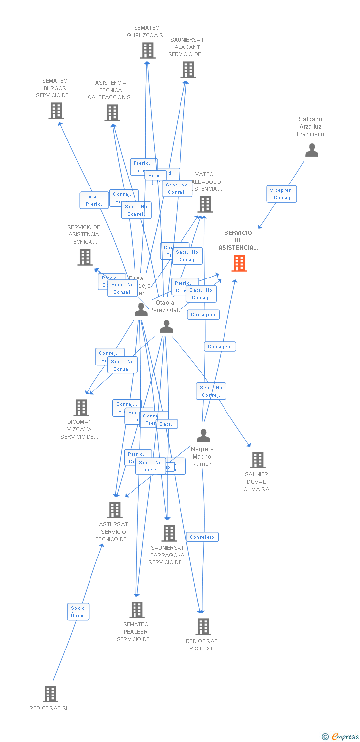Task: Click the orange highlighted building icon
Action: coord(239,263)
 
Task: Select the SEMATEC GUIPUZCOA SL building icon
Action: coord(147,50)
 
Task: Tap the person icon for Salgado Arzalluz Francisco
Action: coord(312,150)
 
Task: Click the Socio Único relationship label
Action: coord(78,611)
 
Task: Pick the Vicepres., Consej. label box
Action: coord(281,194)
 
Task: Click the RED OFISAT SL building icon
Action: coord(50,694)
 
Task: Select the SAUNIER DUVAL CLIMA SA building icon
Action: coord(257,460)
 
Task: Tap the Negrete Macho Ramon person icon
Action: coord(203,436)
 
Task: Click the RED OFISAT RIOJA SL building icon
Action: coord(203,627)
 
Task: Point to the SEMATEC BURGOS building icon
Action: coord(56,111)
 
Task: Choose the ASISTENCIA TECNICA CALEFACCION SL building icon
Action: coord(112,113)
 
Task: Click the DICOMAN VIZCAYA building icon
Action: coord(81,408)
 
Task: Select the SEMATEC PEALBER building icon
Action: coord(137,610)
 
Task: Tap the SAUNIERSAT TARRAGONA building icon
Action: coord(169,533)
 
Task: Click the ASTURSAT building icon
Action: coord(115,510)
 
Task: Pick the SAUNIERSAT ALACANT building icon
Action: coord(188,70)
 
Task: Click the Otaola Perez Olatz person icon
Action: coord(167,326)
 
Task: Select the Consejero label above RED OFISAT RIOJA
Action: coord(202,537)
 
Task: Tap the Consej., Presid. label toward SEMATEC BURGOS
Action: coord(94,200)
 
